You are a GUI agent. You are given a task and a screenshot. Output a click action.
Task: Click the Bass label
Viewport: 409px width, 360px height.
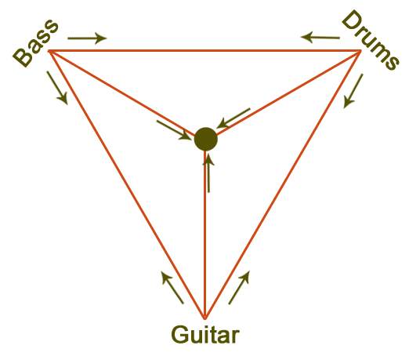36,43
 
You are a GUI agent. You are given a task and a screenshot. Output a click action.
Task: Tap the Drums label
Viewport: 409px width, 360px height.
371,40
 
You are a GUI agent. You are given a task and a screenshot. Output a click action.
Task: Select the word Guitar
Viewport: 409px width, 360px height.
205,335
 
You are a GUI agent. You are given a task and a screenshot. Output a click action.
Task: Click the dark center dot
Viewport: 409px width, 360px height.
206,139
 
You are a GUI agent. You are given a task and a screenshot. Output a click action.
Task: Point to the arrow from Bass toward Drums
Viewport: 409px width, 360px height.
87,38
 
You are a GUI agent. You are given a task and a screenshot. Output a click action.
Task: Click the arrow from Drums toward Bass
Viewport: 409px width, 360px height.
320,37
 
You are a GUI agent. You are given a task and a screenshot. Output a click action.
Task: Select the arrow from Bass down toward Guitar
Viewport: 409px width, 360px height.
57,88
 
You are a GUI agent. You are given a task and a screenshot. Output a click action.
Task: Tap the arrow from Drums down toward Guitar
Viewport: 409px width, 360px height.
353,91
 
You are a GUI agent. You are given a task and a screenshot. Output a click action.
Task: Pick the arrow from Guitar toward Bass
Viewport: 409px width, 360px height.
172,288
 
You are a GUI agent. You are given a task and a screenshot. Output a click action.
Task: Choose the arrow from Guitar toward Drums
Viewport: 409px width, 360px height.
239,288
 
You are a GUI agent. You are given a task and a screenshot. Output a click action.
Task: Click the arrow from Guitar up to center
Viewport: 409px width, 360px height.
208,173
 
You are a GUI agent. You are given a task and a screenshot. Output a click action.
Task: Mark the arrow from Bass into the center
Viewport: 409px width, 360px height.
174,130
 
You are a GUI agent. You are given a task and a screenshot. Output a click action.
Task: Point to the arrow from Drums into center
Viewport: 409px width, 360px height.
233,118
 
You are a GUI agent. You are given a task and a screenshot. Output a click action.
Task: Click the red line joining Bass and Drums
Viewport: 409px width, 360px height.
204,50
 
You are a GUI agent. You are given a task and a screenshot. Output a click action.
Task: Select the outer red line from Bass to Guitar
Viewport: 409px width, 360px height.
127,184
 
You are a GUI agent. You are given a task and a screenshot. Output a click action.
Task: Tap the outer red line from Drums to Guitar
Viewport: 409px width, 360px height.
283,184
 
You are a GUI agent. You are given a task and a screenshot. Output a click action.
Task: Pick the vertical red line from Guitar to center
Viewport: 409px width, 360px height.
205,235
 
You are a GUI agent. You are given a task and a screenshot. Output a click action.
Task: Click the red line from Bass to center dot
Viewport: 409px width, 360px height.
122,93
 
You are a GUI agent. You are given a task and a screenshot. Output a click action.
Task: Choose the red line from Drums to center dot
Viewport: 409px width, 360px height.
288,93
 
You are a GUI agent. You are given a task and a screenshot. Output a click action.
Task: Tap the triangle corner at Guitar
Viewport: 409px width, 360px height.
205,319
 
